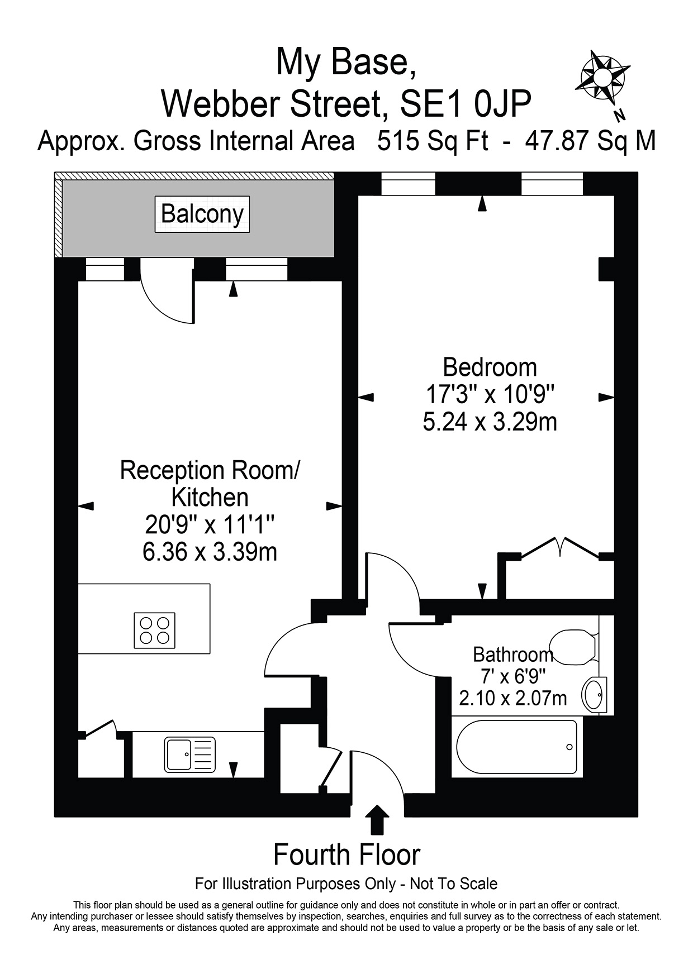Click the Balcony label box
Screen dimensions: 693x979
[202, 214]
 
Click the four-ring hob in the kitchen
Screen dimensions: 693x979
[155, 631]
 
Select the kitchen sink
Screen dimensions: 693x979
[190, 754]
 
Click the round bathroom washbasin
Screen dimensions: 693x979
[594, 695]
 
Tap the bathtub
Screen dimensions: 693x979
[516, 747]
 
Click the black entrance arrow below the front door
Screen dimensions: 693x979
[378, 819]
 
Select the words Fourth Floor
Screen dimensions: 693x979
[346, 855]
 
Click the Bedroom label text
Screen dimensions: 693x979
[490, 367]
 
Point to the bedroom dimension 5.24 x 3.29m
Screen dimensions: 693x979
[490, 422]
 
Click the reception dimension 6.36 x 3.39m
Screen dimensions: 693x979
[210, 552]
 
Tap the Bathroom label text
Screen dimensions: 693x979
[512, 654]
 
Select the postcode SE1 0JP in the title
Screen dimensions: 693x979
[466, 103]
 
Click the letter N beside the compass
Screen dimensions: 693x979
[619, 116]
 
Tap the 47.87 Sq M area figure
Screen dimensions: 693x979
[590, 141]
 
